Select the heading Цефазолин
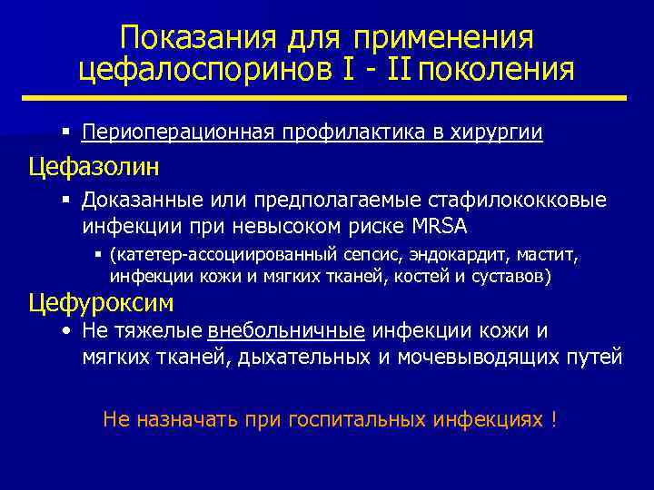pyautogui.click(x=94, y=167)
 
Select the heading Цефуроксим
pyautogui.click(x=101, y=301)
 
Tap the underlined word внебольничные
pyautogui.click(x=286, y=331)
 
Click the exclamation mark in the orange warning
pyautogui.click(x=553, y=419)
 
